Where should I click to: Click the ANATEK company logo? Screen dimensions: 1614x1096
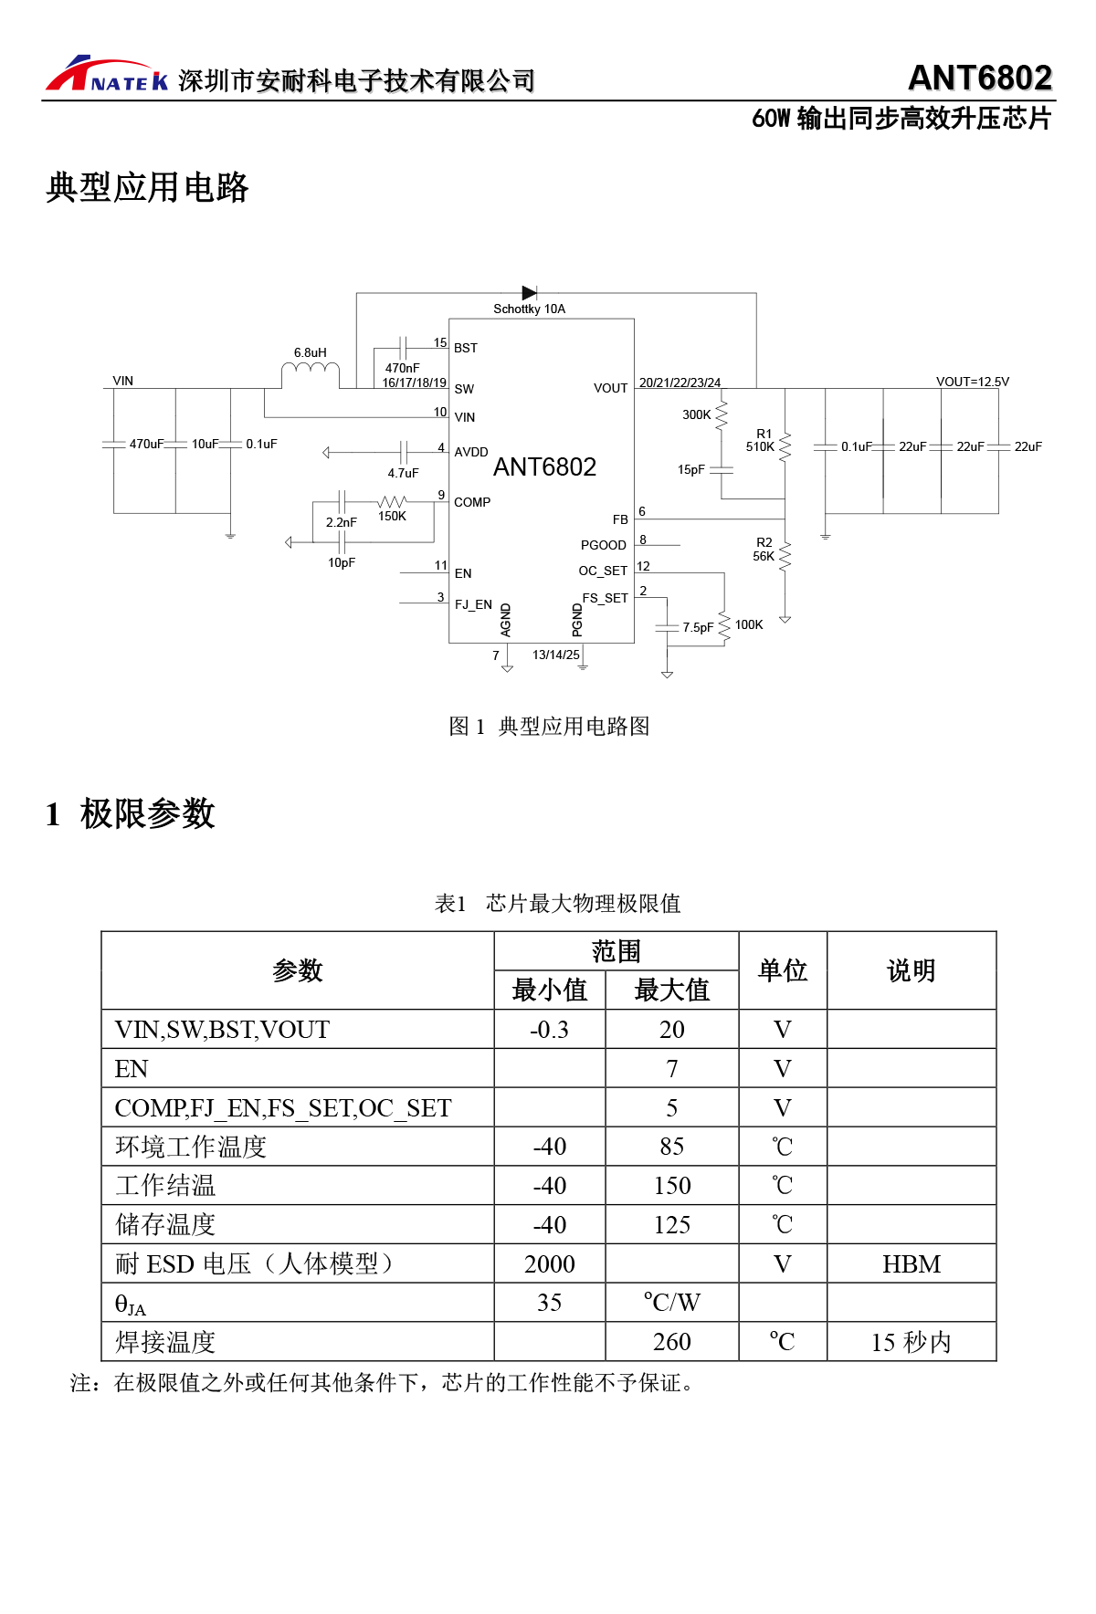pos(107,75)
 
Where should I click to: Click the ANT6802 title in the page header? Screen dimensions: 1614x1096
pos(979,79)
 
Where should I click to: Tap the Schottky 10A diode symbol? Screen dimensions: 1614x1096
pos(529,293)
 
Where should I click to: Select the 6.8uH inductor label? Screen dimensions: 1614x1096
pos(310,352)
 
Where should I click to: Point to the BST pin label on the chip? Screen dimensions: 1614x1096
pos(466,348)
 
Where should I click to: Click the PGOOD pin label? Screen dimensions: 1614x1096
pos(603,545)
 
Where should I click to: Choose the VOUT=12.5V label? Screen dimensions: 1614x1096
pos(972,382)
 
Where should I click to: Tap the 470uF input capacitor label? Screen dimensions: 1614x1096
pos(146,444)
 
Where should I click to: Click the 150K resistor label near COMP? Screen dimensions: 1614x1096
pos(392,516)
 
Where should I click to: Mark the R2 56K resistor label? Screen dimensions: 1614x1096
pos(764,549)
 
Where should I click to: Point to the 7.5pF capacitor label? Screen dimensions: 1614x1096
pos(698,627)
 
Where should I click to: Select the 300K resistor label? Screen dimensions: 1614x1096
pos(696,414)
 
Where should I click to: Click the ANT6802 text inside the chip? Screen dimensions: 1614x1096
pos(544,467)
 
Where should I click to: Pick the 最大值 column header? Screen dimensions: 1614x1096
pos(671,990)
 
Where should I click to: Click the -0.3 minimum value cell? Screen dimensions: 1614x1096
pos(549,1030)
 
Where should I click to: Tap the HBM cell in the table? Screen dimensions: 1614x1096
pos(911,1263)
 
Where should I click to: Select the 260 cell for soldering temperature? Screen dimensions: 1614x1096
pos(671,1342)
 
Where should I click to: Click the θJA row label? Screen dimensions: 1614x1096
pos(130,1305)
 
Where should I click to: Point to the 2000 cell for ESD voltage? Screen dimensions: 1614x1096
pos(549,1263)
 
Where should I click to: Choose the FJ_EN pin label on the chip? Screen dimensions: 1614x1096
pos(473,604)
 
